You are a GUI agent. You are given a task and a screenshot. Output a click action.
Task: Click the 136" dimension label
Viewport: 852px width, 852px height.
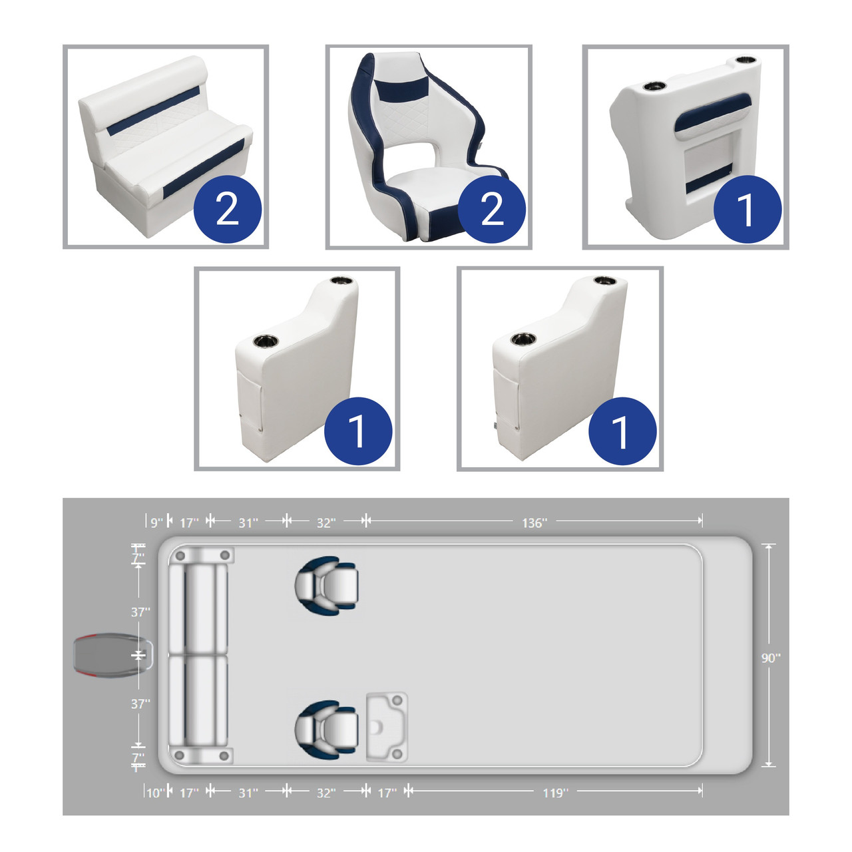(x=534, y=523)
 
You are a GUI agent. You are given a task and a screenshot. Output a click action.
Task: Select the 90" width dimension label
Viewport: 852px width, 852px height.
(x=771, y=658)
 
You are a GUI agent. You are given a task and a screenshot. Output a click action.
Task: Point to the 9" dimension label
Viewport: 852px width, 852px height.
(x=157, y=523)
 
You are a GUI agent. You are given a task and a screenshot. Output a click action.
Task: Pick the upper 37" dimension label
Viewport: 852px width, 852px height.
(x=140, y=612)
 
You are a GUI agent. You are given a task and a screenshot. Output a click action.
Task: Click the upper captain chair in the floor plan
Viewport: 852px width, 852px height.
(x=326, y=585)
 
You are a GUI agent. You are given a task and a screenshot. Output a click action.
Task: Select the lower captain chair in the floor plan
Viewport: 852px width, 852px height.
(x=326, y=730)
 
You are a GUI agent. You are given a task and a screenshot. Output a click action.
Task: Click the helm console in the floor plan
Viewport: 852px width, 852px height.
(x=387, y=728)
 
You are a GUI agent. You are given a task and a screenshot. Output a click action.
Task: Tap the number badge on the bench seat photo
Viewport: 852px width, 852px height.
(x=228, y=209)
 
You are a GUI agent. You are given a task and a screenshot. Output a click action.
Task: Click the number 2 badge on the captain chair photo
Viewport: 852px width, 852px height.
(x=492, y=209)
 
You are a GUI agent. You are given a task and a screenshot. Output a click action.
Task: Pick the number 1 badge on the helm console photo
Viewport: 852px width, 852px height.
(x=747, y=209)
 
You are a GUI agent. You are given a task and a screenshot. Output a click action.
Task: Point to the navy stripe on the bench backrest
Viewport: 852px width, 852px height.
(x=152, y=110)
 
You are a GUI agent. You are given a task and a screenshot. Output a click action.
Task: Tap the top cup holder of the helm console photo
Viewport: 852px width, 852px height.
(x=747, y=60)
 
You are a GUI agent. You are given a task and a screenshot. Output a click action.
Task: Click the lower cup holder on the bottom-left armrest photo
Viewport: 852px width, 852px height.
(x=266, y=341)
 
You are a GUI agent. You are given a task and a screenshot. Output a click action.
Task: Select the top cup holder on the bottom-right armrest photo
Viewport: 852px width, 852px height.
(x=605, y=280)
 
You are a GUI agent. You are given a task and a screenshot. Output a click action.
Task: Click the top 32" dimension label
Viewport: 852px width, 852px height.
(x=326, y=523)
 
